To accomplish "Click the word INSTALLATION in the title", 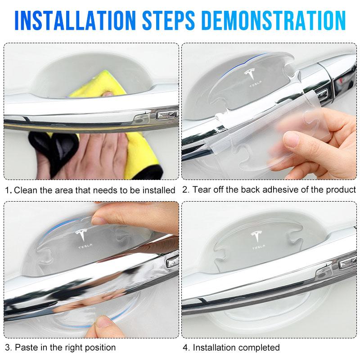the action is pos(75,20).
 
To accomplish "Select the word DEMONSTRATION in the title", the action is pos(274,20).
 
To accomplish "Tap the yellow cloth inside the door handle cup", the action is pos(99,85).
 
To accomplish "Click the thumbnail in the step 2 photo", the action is pos(291,139).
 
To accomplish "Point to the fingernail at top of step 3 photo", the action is pos(98,220).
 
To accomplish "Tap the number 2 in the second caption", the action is pos(185,190).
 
